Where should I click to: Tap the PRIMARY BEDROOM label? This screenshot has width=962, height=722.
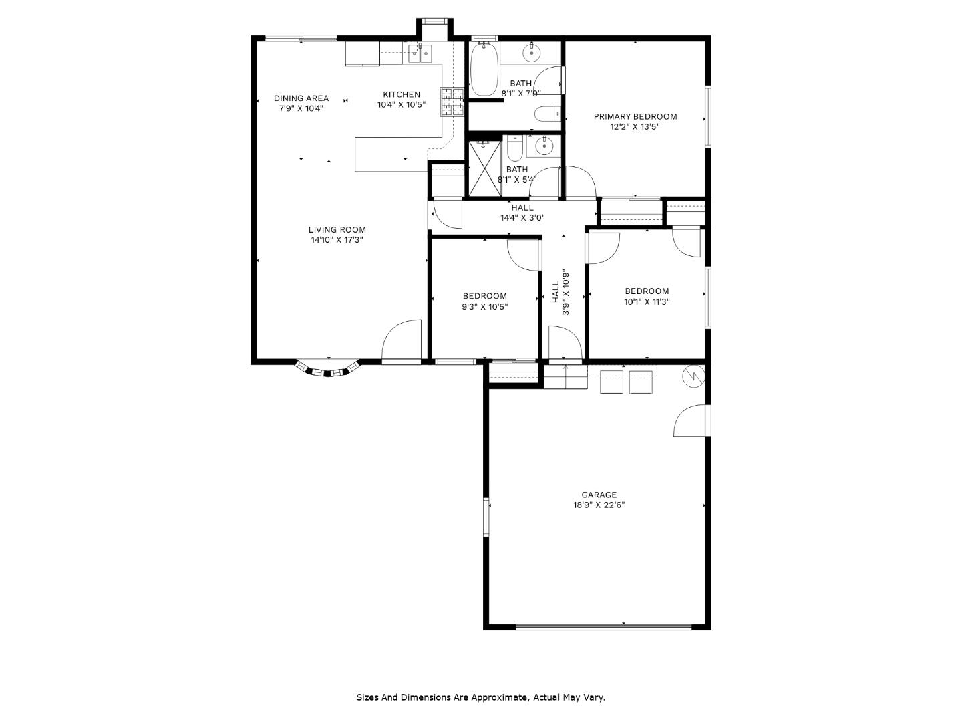click(x=635, y=116)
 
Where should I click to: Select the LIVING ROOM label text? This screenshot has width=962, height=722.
click(x=337, y=229)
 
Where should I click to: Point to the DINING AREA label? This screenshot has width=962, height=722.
click(x=301, y=98)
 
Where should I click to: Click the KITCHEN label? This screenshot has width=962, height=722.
click(x=401, y=94)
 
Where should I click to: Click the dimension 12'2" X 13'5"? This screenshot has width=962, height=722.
click(x=635, y=127)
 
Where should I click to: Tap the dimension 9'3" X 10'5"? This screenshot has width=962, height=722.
click(x=484, y=307)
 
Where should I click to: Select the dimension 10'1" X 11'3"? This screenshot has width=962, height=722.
click(x=647, y=302)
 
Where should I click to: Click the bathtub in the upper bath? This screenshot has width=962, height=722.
click(x=484, y=70)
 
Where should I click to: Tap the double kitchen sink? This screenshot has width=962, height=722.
click(x=420, y=53)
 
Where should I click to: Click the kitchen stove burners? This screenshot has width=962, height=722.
click(x=452, y=102)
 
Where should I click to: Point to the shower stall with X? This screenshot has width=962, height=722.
click(x=485, y=168)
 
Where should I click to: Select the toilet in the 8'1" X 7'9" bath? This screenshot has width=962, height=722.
click(x=547, y=114)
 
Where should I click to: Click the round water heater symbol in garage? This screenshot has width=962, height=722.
click(x=694, y=376)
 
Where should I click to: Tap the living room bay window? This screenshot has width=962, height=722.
click(x=327, y=369)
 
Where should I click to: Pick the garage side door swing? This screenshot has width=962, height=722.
click(x=691, y=420)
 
